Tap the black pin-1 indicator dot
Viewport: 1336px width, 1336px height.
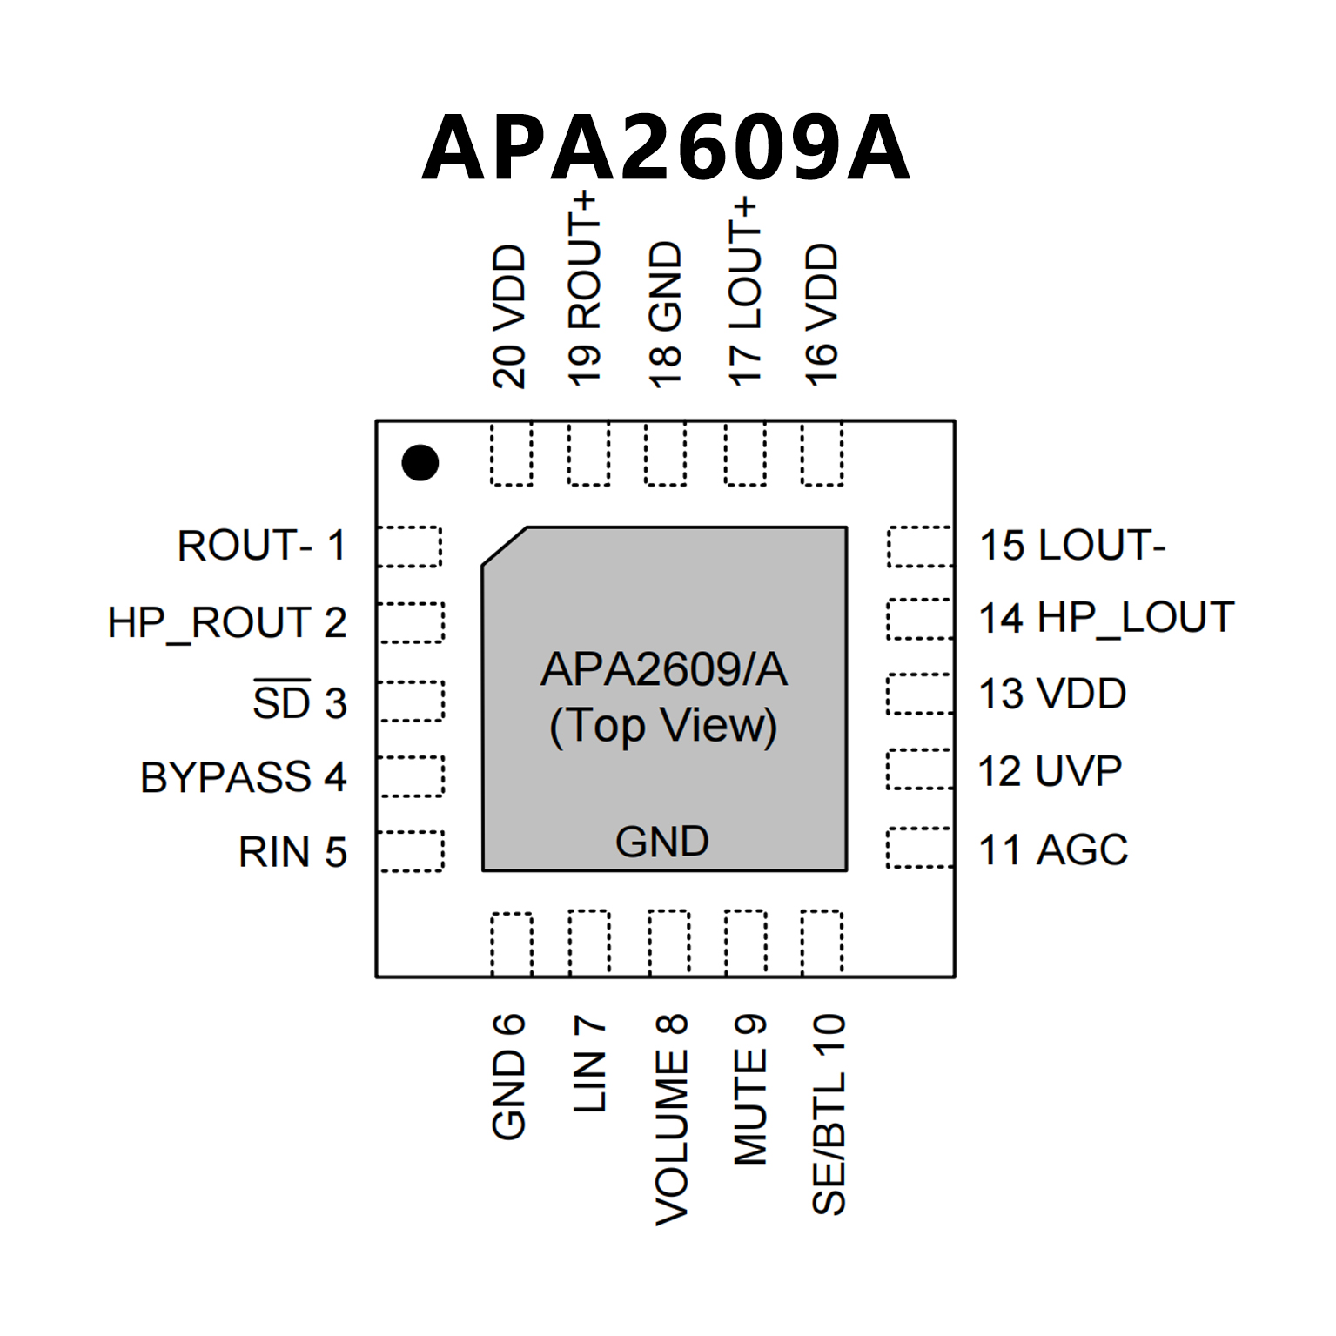pyautogui.click(x=420, y=462)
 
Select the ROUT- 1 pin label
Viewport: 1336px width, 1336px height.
pyautogui.click(x=261, y=546)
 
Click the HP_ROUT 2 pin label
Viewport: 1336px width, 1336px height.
pyautogui.click(x=226, y=622)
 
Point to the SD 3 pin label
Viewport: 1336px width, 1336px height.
pyautogui.click(x=299, y=702)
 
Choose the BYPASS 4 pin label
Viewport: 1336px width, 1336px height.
pyautogui.click(x=243, y=777)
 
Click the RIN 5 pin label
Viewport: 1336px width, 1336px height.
pyautogui.click(x=292, y=852)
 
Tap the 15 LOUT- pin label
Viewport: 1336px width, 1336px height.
pyautogui.click(x=1072, y=546)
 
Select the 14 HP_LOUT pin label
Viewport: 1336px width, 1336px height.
pyautogui.click(x=1106, y=618)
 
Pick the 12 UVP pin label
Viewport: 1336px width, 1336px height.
pyautogui.click(x=1050, y=771)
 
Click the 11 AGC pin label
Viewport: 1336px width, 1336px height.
pyautogui.click(x=1053, y=849)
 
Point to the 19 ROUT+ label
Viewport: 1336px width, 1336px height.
pyautogui.click(x=585, y=289)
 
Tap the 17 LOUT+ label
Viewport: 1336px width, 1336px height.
pyautogui.click(x=745, y=292)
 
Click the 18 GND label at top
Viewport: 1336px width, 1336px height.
pyautogui.click(x=666, y=314)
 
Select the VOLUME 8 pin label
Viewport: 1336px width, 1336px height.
pyautogui.click(x=671, y=1119)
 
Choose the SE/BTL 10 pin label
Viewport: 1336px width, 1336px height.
pyautogui.click(x=829, y=1114)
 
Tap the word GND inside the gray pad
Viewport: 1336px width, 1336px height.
pyautogui.click(x=662, y=842)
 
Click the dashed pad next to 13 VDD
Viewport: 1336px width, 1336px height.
pyautogui.click(x=920, y=694)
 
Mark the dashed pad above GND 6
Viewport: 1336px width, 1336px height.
pyautogui.click(x=512, y=943)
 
